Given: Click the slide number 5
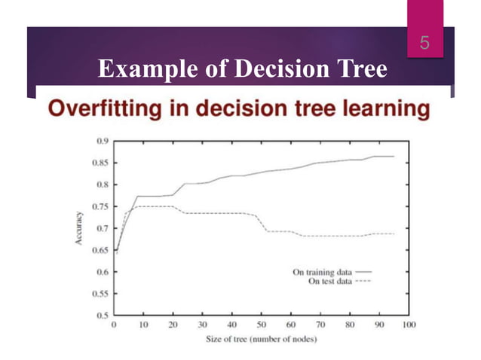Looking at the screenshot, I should click(x=424, y=44).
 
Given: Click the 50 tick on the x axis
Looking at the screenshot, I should click(x=262, y=325).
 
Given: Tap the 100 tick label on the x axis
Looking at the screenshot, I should click(x=409, y=325).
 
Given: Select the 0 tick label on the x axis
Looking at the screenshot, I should click(x=114, y=325).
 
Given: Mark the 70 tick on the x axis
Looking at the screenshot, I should click(x=320, y=325).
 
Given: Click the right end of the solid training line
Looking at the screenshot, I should click(x=394, y=157).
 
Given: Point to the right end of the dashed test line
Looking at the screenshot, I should click(x=394, y=233).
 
